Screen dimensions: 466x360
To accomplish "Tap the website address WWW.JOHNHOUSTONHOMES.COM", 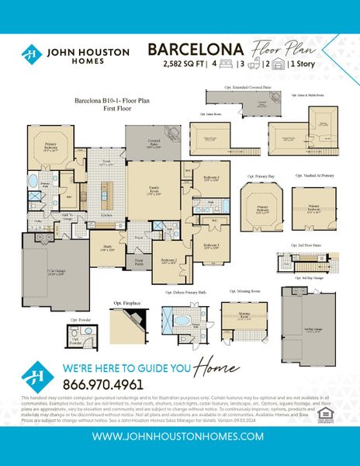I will coord(179,437).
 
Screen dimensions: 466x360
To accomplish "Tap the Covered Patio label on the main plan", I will coord(154,143).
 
